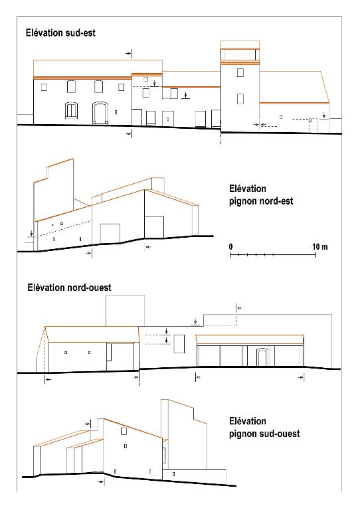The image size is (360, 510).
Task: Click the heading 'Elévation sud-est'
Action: pyautogui.click(x=60, y=33)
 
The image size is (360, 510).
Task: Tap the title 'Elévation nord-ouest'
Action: pyautogui.click(x=69, y=288)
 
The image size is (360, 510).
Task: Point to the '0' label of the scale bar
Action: pyautogui.click(x=230, y=246)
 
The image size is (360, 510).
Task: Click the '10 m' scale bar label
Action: pyautogui.click(x=320, y=246)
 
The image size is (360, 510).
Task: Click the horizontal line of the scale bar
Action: pyautogui.click(x=273, y=255)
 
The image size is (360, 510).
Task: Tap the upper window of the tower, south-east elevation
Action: pyautogui.click(x=240, y=72)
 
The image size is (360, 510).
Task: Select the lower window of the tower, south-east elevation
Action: pyautogui.click(x=240, y=98)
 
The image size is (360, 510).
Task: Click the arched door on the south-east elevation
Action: pyautogui.click(x=100, y=113)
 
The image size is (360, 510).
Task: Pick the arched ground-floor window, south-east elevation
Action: pyautogui.click(x=71, y=111)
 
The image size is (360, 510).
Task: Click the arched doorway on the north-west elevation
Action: pyautogui.click(x=262, y=357)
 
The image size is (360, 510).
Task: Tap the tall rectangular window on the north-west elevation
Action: pyautogui.click(x=179, y=343)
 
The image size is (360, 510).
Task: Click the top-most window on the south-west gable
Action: pyautogui.click(x=124, y=431)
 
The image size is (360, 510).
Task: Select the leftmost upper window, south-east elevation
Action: pyautogui.click(x=44, y=87)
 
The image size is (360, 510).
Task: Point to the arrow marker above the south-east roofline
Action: pyautogui.click(x=129, y=53)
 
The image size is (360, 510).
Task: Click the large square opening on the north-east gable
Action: pyautogui.click(x=110, y=233)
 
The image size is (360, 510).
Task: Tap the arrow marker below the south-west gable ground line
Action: pyautogui.click(x=101, y=481)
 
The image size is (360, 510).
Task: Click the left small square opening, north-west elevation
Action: pyautogui.click(x=66, y=353)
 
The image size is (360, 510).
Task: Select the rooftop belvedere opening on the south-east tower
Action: pyautogui.click(x=240, y=54)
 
